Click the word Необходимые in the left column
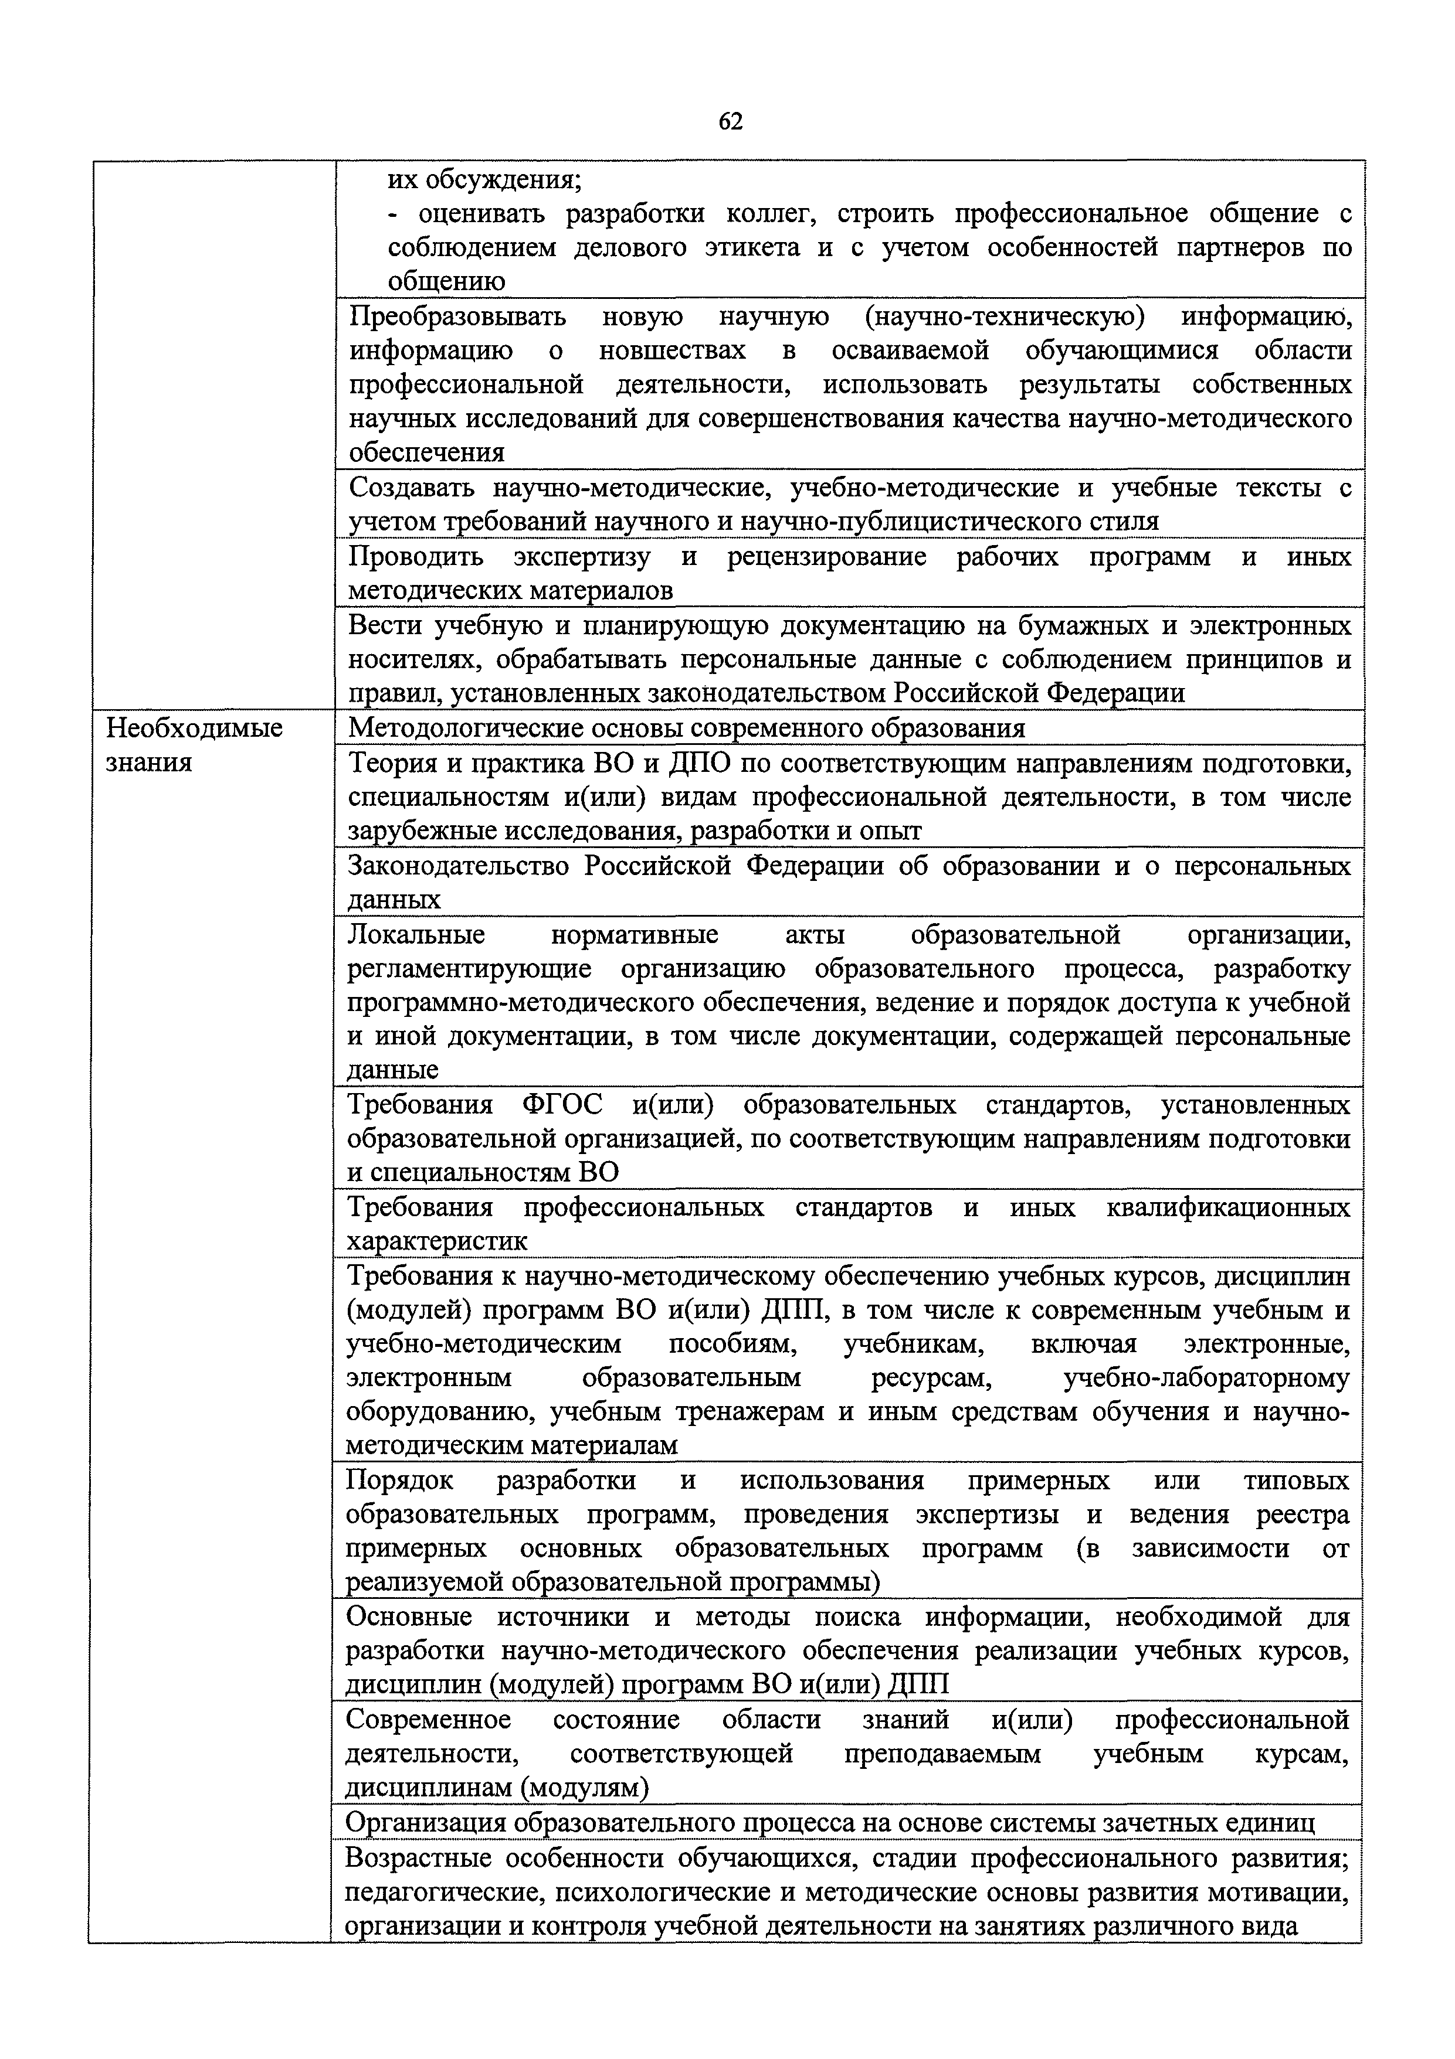pos(194,727)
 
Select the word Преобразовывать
pos(457,316)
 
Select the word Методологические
pos(463,727)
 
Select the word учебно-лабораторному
pos(1206,1379)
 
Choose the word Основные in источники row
pos(408,1617)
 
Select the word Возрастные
pos(419,1856)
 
